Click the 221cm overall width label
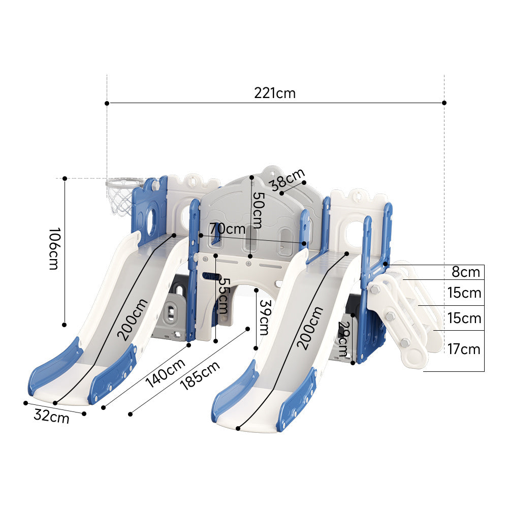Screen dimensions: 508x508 (275, 93)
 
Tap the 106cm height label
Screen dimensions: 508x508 (53, 249)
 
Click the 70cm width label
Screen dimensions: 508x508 (227, 229)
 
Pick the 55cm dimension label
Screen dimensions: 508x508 (223, 295)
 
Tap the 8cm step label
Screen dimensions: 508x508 (466, 272)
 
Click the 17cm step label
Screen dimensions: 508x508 (463, 350)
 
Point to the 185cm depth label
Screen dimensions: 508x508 (200, 375)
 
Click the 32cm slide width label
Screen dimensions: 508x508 (51, 416)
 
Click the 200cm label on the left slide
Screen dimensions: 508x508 (133, 319)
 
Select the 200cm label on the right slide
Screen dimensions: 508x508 (310, 328)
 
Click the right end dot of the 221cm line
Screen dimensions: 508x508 (444, 103)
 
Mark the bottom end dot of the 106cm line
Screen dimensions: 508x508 (65, 324)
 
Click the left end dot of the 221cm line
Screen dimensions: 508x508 (107, 103)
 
